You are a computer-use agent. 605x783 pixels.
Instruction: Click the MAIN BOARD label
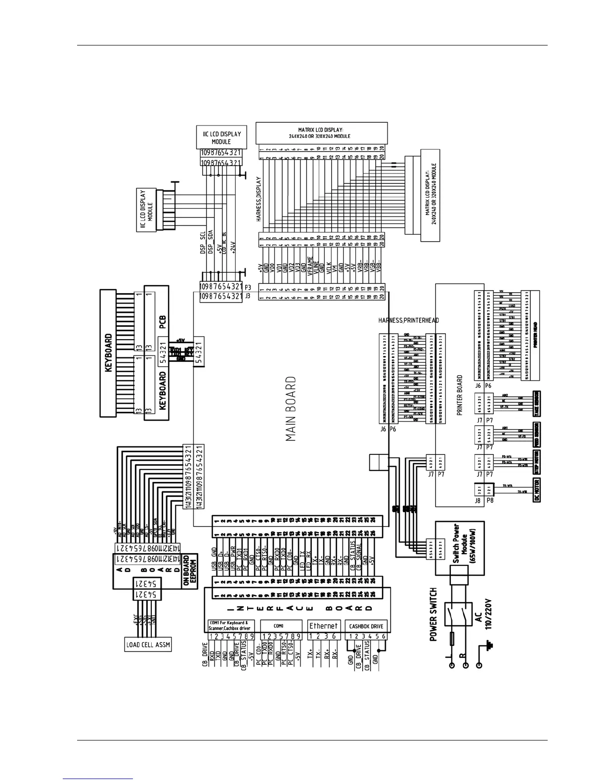click(x=291, y=409)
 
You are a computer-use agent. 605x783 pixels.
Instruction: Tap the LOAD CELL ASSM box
click(x=148, y=645)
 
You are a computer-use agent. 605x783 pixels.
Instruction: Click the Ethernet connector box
click(x=323, y=626)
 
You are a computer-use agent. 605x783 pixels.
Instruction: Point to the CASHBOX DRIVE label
click(x=366, y=626)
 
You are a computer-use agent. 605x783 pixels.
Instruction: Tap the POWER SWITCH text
click(x=433, y=614)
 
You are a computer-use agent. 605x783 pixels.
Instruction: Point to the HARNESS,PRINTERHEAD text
click(x=408, y=320)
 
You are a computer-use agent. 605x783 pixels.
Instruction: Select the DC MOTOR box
click(x=536, y=489)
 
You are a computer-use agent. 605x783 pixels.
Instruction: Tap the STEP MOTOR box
click(x=536, y=462)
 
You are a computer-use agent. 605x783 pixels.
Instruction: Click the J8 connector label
click(x=477, y=500)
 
